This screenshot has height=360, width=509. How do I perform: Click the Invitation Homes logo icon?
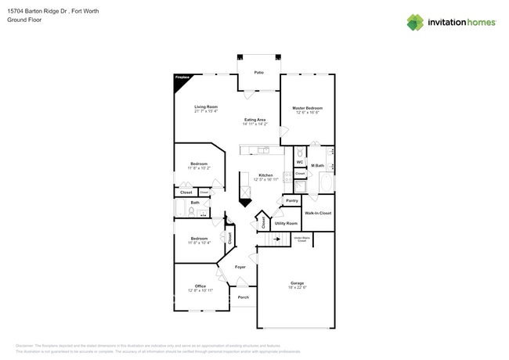[414, 22]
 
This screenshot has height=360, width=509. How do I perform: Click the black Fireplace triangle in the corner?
[179, 81]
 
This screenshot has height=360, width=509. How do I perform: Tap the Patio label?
[258, 73]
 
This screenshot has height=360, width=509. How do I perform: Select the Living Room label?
[206, 106]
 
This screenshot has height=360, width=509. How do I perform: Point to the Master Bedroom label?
[308, 108]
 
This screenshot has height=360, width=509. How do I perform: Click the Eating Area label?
[254, 120]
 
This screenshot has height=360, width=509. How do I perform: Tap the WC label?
[299, 162]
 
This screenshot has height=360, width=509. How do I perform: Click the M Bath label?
[318, 165]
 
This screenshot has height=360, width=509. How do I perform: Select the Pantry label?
[291, 200]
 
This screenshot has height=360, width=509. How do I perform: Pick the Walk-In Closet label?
[318, 213]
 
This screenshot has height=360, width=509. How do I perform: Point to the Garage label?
[297, 283]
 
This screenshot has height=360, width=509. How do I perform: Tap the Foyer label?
[240, 267]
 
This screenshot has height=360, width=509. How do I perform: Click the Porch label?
[243, 297]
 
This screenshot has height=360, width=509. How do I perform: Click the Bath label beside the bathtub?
[194, 203]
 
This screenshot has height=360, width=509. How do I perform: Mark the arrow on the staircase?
[276, 239]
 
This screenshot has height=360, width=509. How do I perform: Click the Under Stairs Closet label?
[301, 239]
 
